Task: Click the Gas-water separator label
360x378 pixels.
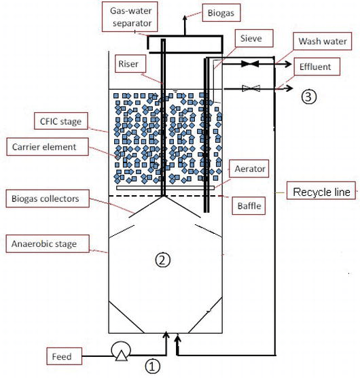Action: click(x=131, y=16)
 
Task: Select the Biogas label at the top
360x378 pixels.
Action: click(x=224, y=13)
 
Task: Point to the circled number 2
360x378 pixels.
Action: click(x=162, y=258)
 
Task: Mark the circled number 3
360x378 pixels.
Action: click(x=308, y=97)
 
